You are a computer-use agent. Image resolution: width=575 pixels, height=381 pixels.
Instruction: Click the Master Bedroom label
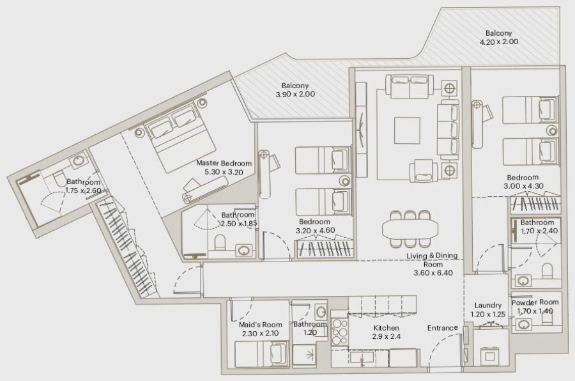pyautogui.click(x=224, y=167)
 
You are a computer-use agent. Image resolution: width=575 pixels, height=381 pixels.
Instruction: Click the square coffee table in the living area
pyautogui.click(x=407, y=130)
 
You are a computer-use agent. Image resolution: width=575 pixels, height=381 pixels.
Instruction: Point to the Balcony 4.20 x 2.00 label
pyautogui.click(x=498, y=37)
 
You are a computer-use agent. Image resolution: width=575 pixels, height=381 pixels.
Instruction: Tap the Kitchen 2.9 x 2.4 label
pyautogui.click(x=386, y=332)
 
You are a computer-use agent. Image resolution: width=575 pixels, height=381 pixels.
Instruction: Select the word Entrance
pyautogui.click(x=442, y=328)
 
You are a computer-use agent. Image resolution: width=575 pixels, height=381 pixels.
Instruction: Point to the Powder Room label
pyautogui.click(x=535, y=302)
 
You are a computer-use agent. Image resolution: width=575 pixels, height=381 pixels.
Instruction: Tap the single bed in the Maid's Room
pyautogui.click(x=261, y=354)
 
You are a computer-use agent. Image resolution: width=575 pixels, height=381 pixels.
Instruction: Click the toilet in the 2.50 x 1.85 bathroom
pyautogui.click(x=219, y=243)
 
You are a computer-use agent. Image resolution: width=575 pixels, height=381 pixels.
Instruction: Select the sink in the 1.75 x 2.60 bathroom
pyautogui.click(x=79, y=160)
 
